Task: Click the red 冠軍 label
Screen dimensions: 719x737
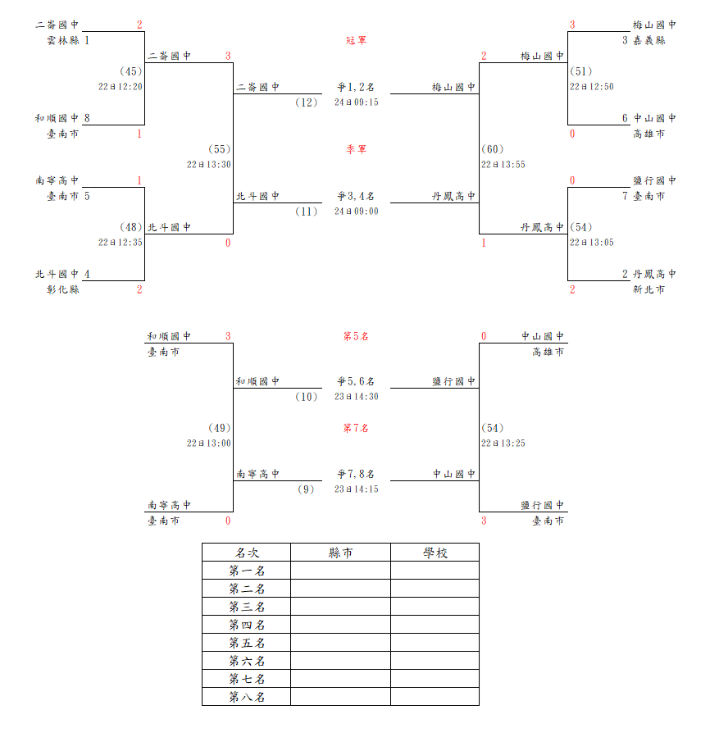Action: (x=356, y=40)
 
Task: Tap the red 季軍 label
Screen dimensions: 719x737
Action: (x=356, y=149)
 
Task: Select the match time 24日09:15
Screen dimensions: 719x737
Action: (x=356, y=102)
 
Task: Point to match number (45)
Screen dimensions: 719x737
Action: (x=130, y=71)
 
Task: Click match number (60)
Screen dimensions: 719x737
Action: (x=493, y=149)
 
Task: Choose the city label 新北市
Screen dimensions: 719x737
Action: (x=649, y=289)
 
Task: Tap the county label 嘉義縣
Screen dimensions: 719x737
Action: (x=649, y=40)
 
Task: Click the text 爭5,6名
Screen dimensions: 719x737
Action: (x=356, y=381)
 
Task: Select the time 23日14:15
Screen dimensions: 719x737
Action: (x=356, y=489)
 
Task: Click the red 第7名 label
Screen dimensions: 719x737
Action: (x=356, y=428)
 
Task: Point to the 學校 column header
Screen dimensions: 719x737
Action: (x=435, y=553)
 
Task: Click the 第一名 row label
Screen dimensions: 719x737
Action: (x=248, y=571)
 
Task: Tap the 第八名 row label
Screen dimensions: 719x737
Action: (x=248, y=697)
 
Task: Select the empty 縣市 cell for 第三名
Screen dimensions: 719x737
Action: (x=340, y=607)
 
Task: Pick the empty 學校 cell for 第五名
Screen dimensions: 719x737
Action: (x=435, y=643)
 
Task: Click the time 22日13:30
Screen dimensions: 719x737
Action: (x=209, y=165)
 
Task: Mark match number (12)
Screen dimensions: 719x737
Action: (x=307, y=102)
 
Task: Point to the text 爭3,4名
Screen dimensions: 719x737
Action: (x=356, y=196)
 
